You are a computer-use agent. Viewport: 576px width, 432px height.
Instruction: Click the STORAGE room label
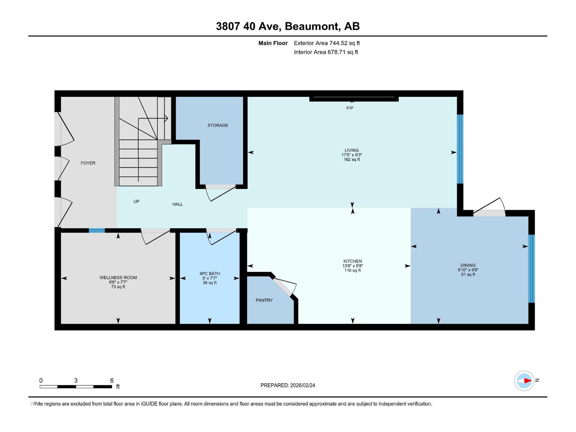[x=217, y=125]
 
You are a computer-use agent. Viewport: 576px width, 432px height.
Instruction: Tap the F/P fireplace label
[x=350, y=108]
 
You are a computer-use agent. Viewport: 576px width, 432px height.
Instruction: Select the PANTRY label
[x=264, y=300]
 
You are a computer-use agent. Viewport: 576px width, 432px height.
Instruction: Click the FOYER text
[x=88, y=163]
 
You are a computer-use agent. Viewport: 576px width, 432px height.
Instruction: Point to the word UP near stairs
[x=136, y=202]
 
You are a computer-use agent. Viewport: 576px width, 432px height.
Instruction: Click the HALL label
[x=177, y=204]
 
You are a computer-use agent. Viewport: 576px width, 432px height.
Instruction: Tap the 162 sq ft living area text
[x=351, y=159]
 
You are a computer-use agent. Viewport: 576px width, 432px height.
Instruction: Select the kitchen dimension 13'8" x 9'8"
[x=352, y=266]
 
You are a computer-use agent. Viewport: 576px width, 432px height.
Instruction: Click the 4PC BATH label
[x=210, y=274]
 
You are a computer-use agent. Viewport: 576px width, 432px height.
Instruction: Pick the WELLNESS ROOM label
[x=118, y=278]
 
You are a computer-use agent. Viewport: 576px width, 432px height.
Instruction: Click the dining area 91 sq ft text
[x=468, y=275]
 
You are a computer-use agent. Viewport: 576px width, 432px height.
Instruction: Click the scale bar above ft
[x=76, y=387]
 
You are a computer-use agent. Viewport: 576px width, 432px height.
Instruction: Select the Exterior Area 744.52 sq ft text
[x=327, y=43]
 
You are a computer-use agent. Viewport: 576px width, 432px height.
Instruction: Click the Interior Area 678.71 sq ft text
[x=326, y=52]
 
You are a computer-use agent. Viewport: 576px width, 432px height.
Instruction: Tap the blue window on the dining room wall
[x=531, y=269]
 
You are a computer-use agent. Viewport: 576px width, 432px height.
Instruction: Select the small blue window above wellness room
[x=97, y=231]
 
